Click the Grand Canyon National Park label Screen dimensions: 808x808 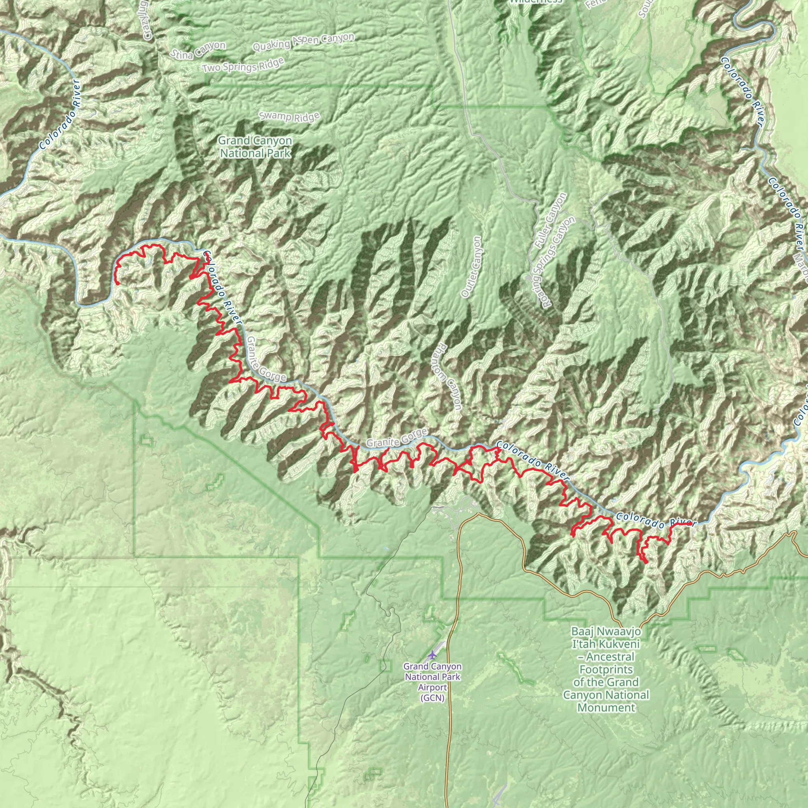(x=255, y=147)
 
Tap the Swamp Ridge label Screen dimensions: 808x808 (x=290, y=116)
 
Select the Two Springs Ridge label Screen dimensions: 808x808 (x=243, y=65)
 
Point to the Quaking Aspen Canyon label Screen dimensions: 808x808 (x=303, y=41)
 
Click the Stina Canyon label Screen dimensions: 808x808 (x=198, y=50)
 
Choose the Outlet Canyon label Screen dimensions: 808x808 (x=471, y=267)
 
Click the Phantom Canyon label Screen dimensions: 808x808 (x=448, y=376)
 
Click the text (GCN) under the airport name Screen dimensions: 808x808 (x=432, y=698)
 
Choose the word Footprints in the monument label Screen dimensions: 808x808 (x=606, y=669)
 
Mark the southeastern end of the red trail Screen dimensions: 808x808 (x=647, y=563)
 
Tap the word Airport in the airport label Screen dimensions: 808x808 (x=432, y=687)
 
